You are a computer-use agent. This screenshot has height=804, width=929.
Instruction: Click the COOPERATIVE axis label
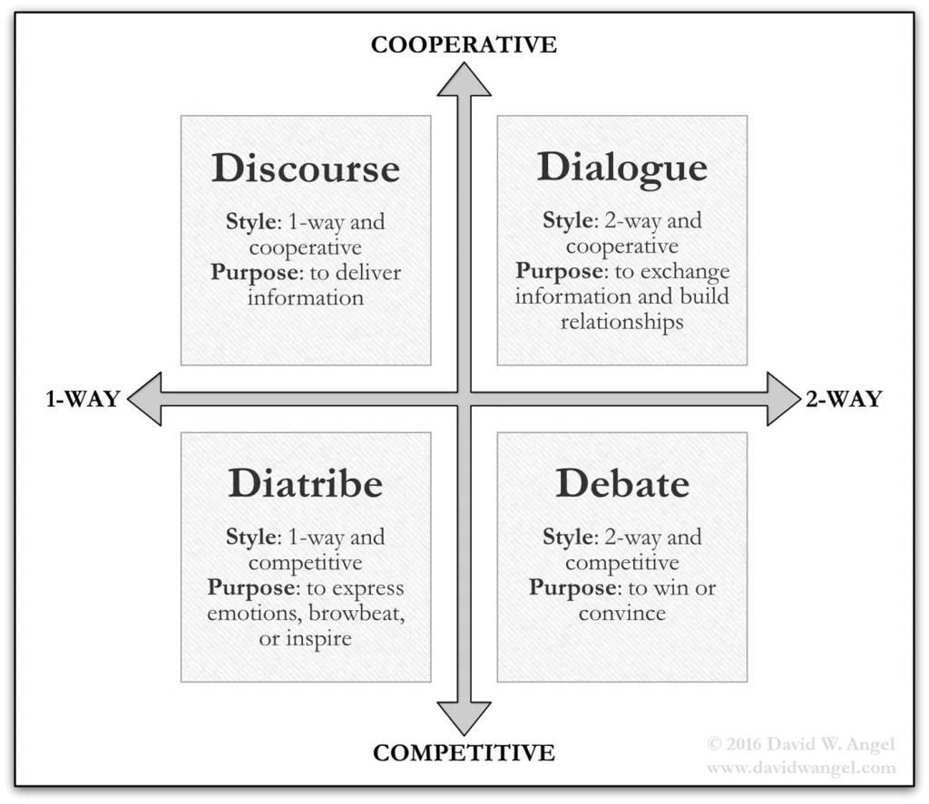(464, 44)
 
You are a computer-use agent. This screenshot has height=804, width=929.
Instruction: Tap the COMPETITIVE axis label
(464, 752)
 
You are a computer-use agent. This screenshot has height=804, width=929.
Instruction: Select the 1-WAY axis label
(83, 399)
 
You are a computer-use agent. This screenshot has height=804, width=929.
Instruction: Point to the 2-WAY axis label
(843, 399)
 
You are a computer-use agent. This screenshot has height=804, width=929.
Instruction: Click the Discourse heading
(306, 170)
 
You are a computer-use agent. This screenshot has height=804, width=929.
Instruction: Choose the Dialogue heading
(621, 168)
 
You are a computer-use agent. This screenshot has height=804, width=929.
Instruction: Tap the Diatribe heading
(306, 483)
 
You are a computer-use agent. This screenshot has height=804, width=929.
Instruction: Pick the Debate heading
(621, 483)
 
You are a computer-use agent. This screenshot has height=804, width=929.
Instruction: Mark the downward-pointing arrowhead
(464, 718)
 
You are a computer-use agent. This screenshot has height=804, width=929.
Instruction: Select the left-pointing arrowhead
(145, 398)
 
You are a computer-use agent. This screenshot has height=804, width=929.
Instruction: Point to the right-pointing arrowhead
(782, 398)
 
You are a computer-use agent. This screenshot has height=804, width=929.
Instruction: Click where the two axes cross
(464, 398)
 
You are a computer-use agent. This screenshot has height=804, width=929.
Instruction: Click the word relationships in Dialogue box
(621, 322)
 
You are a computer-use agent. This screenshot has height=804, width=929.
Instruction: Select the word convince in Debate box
(621, 613)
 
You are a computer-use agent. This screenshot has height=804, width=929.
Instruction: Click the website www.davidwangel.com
(801, 768)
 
